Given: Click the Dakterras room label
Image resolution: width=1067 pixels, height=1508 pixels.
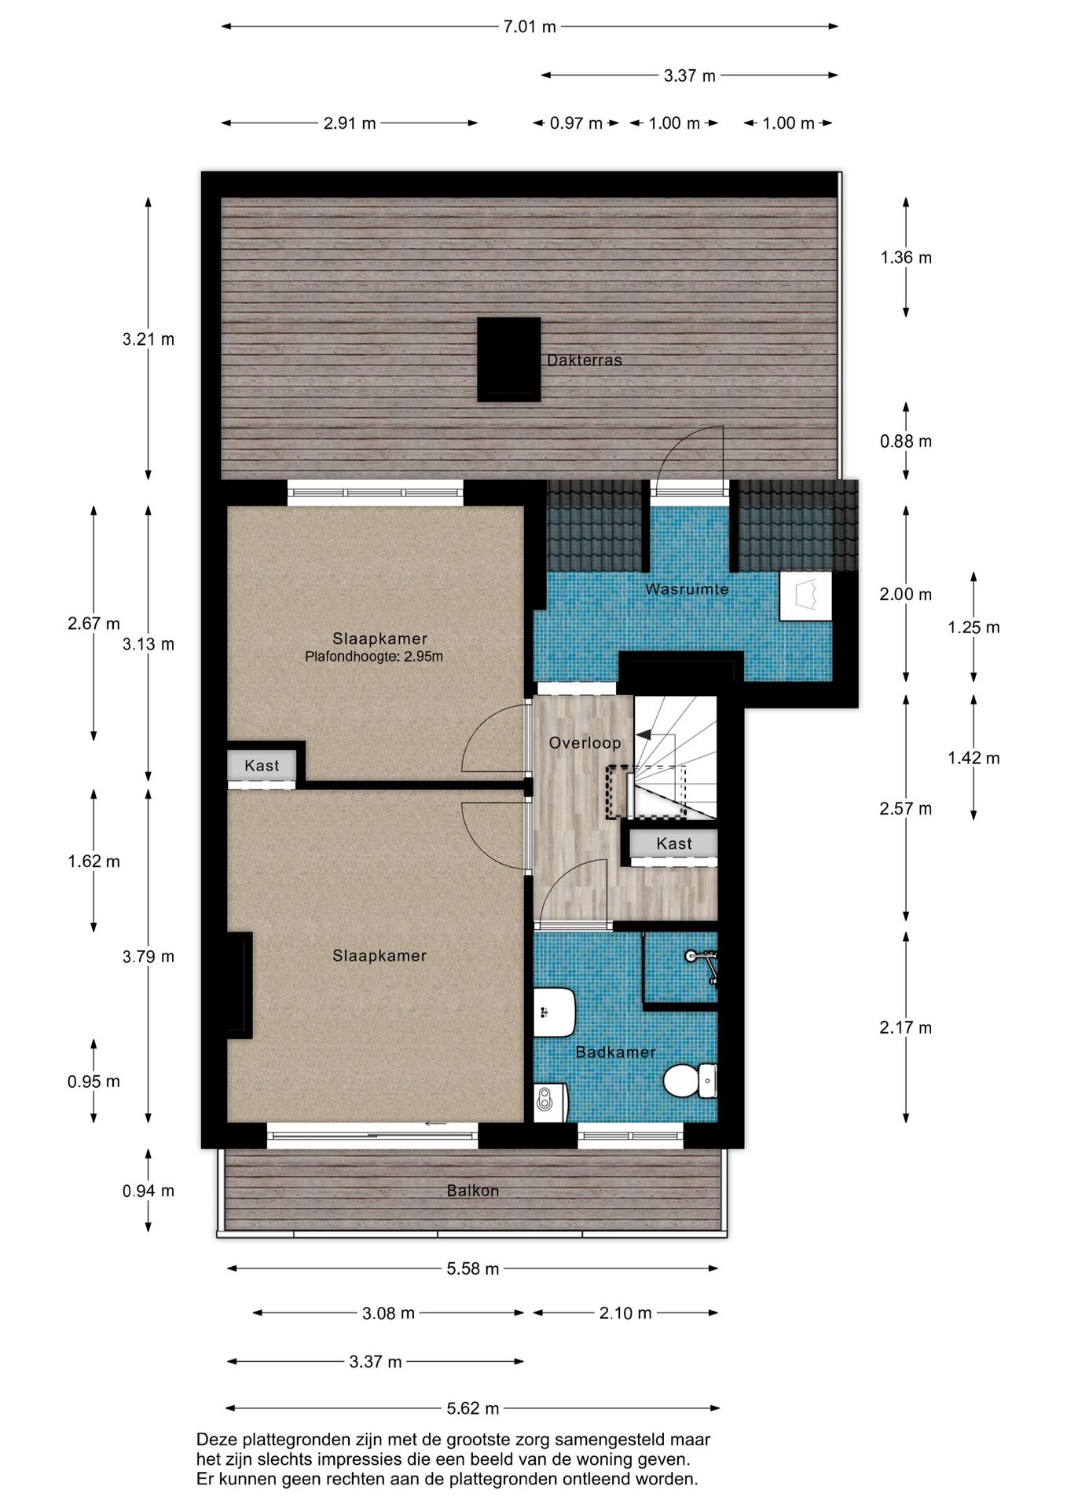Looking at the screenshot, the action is coord(584,361).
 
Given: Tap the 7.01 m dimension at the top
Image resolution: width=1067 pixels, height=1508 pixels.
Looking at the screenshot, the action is coord(530,27).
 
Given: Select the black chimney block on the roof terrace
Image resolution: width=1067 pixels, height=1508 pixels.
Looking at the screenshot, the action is coord(509,359).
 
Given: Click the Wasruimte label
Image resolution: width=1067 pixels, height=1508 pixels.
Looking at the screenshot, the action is coord(687,589).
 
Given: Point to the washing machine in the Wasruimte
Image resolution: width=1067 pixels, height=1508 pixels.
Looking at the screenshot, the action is coord(806,596).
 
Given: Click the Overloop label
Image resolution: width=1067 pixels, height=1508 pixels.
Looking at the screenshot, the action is coord(585,743).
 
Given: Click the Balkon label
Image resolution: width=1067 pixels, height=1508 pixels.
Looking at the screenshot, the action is coord(473,1191).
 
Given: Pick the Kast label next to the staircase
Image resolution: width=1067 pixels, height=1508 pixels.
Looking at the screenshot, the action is coord(674,844).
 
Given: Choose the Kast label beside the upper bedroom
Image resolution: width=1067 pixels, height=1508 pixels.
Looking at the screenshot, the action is coord(262,766).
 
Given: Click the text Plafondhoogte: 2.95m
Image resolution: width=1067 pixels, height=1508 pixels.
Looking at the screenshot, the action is coord(374,657).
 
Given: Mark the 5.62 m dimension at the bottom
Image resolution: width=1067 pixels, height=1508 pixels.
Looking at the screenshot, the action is coord(473,1408).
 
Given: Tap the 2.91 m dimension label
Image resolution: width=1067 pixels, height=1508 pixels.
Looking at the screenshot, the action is coord(350,123).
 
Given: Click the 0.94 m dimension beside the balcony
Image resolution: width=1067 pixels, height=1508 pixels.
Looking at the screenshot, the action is coord(148,1191).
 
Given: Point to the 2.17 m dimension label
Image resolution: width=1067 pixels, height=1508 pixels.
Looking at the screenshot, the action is coord(906,1027).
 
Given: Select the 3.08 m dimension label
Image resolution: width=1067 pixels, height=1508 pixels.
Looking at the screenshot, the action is coord(388,1313).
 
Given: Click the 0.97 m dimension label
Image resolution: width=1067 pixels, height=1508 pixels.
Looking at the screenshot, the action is coord(576,123).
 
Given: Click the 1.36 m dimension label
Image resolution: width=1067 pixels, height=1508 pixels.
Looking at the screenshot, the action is coord(906,258).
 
